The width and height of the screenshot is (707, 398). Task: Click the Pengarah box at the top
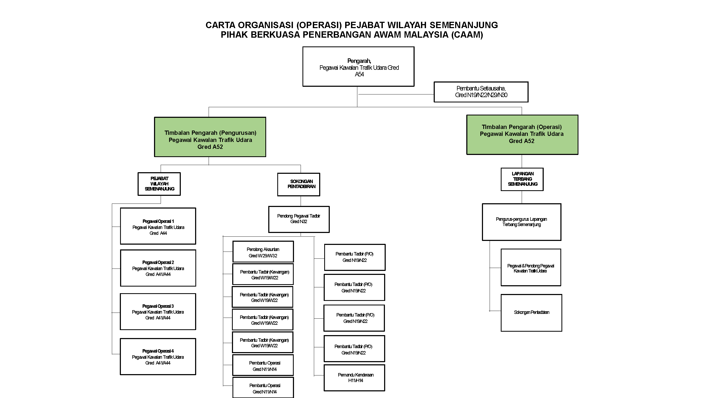click(x=358, y=67)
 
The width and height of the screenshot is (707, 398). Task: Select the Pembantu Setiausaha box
click(x=481, y=92)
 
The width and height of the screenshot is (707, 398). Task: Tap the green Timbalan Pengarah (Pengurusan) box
click(x=210, y=137)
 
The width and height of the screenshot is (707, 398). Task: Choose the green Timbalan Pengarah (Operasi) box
click(x=522, y=135)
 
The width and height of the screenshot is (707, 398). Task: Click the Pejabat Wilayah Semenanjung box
click(x=159, y=184)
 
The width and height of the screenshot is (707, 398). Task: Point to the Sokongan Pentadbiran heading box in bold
click(x=298, y=184)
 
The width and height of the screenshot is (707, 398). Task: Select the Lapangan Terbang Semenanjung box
click(x=522, y=179)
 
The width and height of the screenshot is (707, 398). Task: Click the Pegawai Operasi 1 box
click(x=158, y=226)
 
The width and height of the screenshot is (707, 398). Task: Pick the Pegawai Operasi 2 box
click(x=158, y=268)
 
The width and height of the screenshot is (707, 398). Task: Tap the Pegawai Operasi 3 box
click(x=158, y=312)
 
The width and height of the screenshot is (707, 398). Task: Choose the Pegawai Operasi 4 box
click(x=158, y=357)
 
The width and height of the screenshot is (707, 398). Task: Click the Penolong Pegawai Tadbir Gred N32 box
click(x=299, y=219)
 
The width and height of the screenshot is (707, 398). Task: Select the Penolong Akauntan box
click(x=263, y=252)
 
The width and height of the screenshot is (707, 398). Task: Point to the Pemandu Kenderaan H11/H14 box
click(x=354, y=378)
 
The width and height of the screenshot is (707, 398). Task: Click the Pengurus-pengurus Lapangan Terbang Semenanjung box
click(x=521, y=222)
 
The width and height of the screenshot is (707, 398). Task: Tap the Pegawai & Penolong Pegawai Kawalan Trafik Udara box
click(x=530, y=267)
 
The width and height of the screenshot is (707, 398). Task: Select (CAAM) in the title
click(x=467, y=35)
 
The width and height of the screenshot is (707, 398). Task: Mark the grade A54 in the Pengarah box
click(x=359, y=75)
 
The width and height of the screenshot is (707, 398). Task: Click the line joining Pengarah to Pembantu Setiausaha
click(x=395, y=94)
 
